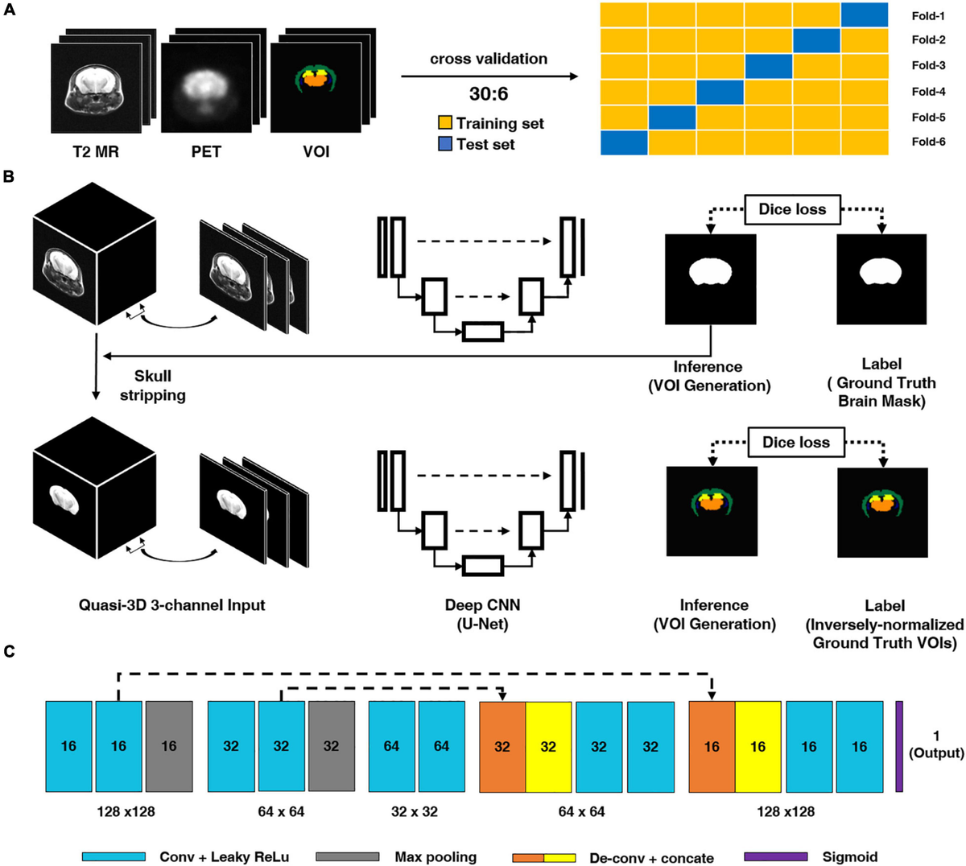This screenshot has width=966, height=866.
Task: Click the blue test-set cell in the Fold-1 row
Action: (865, 14)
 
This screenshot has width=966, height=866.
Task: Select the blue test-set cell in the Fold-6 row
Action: (624, 142)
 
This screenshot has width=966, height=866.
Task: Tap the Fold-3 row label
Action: (928, 65)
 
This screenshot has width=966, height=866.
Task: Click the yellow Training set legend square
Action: (445, 123)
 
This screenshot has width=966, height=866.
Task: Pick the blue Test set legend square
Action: (445, 145)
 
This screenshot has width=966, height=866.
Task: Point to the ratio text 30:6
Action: (489, 94)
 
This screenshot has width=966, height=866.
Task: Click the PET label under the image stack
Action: (206, 151)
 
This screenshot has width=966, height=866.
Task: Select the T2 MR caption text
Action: (96, 151)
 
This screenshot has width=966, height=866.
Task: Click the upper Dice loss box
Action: (792, 209)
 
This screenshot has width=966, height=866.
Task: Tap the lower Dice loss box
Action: (795, 442)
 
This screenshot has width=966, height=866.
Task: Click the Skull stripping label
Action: (152, 386)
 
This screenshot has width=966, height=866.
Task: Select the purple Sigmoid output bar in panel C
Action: (899, 746)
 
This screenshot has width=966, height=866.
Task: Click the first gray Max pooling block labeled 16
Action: (169, 746)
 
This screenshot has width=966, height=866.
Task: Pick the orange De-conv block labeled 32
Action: (502, 746)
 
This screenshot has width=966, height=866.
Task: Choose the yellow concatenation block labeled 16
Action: (758, 746)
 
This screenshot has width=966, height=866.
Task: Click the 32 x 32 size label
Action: (414, 811)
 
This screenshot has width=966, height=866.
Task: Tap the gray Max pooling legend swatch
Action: (348, 857)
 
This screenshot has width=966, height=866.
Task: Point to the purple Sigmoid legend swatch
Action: (776, 857)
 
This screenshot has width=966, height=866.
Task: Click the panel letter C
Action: (9, 650)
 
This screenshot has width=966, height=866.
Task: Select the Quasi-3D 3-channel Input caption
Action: (171, 605)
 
